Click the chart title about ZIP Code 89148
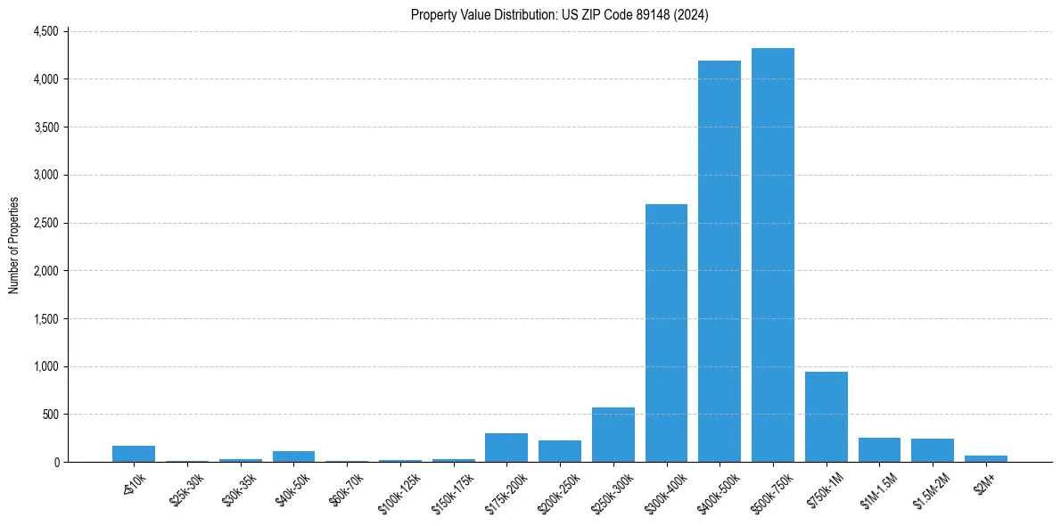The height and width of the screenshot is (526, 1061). click(560, 14)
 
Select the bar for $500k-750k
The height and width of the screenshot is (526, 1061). click(772, 255)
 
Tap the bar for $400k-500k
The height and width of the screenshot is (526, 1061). click(720, 261)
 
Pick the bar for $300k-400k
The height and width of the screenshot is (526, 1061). click(666, 333)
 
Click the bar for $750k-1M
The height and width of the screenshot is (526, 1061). click(826, 416)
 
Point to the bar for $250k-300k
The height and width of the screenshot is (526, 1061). click(613, 434)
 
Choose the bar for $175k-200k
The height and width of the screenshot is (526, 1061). click(506, 448)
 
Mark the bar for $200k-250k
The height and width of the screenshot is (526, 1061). click(560, 451)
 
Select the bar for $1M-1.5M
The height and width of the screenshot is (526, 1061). click(879, 449)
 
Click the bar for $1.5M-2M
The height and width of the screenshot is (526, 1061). click(933, 450)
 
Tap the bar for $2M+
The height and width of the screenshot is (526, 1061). click(985, 458)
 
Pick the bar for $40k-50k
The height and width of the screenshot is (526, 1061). click(293, 456)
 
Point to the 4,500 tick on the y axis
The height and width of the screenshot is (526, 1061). click(45, 31)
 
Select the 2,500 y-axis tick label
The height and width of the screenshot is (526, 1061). click(45, 223)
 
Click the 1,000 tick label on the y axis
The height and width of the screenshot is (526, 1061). click(45, 366)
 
